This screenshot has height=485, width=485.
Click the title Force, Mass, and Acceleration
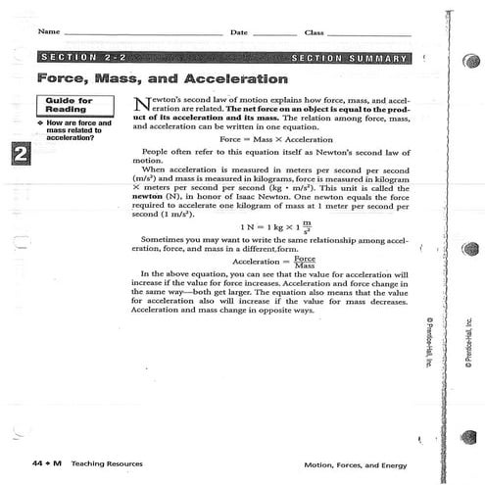pos(162,78)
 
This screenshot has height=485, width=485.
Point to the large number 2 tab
pos(19,153)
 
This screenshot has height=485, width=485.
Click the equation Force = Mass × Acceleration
pos(270,140)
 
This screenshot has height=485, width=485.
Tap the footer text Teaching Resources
pos(109,463)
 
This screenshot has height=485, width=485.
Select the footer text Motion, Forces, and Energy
pos(357,463)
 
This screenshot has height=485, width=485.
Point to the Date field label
pos(239,32)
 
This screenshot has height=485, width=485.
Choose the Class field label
pos(315,32)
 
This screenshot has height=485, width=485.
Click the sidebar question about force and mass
pos(68,131)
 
